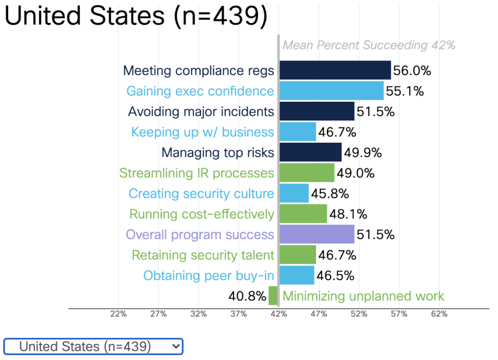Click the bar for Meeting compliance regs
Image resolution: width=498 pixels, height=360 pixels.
(335, 70)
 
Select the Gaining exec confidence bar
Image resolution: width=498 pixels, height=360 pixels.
(331, 90)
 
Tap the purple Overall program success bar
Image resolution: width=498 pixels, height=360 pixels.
(317, 234)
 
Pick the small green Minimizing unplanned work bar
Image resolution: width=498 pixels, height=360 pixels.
(273, 296)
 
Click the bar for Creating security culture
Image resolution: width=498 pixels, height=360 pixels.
(294, 193)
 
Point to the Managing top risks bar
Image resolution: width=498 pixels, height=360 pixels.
(310, 152)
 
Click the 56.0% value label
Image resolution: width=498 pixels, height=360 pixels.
(412, 71)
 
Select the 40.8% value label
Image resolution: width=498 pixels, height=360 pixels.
(247, 296)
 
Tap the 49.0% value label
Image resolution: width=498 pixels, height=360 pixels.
(355, 173)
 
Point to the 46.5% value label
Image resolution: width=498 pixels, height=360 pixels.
(335, 275)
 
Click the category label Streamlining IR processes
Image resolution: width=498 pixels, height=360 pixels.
(197, 173)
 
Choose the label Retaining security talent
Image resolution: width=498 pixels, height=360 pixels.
(203, 255)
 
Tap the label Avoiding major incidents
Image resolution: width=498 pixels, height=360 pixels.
(201, 111)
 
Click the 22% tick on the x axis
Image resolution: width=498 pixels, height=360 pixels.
(118, 314)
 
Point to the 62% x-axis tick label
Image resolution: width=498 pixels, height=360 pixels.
(439, 314)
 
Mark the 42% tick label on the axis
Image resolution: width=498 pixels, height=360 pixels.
(278, 314)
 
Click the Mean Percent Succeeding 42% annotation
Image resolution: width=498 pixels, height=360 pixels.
(369, 45)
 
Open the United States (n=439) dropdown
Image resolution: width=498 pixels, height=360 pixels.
(93, 346)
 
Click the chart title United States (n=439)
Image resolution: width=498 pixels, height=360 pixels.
(136, 16)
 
